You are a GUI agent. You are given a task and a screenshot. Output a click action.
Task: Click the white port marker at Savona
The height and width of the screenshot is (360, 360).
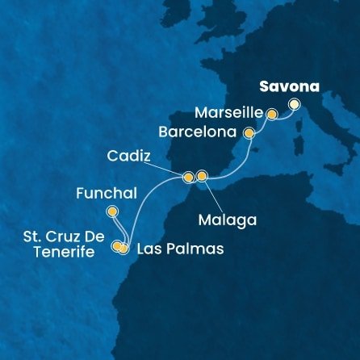coord(294,103)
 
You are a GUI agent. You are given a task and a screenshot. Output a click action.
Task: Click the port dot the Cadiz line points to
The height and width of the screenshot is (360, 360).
coord(188,177)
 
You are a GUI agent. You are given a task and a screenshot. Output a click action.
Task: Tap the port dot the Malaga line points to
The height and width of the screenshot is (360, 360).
coord(202,176)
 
